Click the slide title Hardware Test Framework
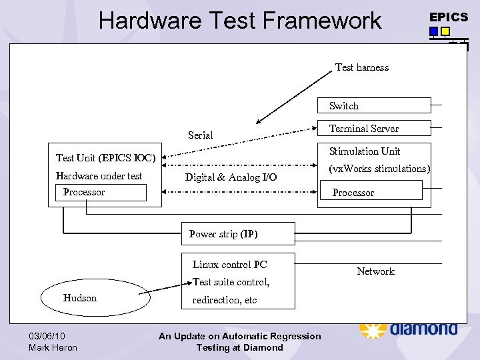[x=239, y=21]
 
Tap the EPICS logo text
[x=449, y=17]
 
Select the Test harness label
[x=361, y=67]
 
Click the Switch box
[x=373, y=105]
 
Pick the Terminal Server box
[x=373, y=128]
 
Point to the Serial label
[x=200, y=135]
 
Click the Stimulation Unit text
[x=364, y=151]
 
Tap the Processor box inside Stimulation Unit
[x=370, y=192]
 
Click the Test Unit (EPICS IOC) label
[x=105, y=158]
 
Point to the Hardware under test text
[x=99, y=176]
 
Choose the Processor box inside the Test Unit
[x=101, y=193]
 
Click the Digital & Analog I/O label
[x=231, y=177]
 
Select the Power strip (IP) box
[x=238, y=234]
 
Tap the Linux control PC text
[x=229, y=265]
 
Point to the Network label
[x=375, y=271]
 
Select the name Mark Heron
[x=53, y=347]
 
